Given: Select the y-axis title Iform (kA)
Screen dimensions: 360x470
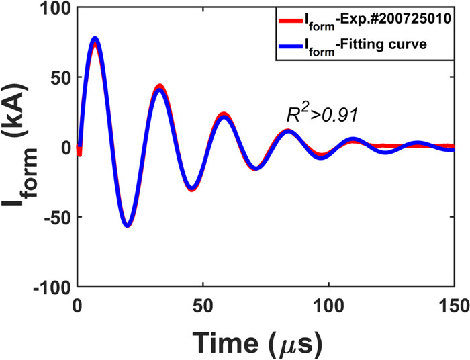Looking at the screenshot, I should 21,149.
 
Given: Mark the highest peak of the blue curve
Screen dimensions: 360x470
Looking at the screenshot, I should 95,39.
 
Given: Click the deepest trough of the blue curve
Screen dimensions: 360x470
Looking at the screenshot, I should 127,225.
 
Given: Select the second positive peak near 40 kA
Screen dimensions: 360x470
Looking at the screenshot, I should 159,89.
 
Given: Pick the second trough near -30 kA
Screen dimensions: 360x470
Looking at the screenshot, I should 192,188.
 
